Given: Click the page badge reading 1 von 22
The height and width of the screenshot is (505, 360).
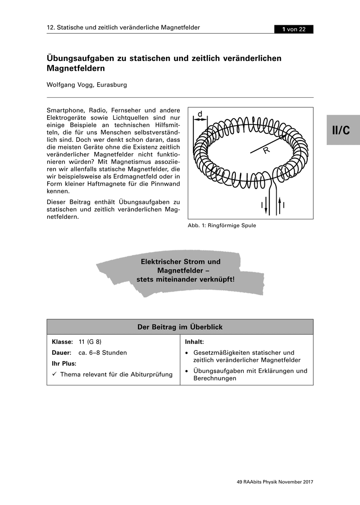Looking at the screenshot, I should (x=294, y=29).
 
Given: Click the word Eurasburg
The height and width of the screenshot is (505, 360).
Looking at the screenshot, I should (x=112, y=85).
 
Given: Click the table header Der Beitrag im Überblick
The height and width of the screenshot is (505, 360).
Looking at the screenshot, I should (x=180, y=327).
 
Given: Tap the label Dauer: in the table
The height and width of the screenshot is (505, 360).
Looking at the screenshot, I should (x=61, y=353).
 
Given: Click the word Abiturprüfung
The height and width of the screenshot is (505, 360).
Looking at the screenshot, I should (x=152, y=374).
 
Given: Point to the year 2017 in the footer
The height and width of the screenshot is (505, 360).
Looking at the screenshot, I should (x=307, y=482).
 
